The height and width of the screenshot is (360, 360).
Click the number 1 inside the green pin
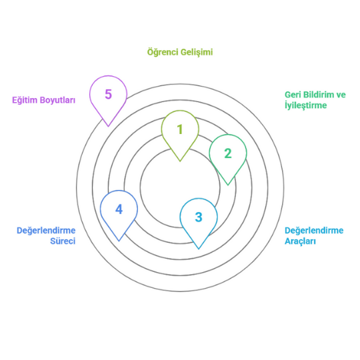click(x=180, y=129)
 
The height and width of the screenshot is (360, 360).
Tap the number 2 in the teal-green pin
click(x=228, y=153)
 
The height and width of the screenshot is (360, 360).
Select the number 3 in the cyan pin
click(x=199, y=217)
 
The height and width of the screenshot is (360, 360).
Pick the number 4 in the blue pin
click(x=119, y=209)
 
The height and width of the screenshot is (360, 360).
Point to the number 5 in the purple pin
click(x=108, y=94)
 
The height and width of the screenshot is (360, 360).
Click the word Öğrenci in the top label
click(x=163, y=52)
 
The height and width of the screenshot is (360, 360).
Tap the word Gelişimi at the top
click(x=197, y=52)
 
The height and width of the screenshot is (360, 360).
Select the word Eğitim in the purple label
click(x=25, y=100)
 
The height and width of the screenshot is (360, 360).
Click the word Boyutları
click(x=57, y=100)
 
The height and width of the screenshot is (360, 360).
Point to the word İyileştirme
click(x=305, y=105)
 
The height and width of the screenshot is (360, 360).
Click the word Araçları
click(x=300, y=241)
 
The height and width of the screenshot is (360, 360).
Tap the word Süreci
click(x=63, y=241)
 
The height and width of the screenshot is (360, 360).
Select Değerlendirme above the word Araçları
click(x=314, y=231)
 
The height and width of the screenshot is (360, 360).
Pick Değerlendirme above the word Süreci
click(x=46, y=231)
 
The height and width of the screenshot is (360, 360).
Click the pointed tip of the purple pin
click(x=108, y=126)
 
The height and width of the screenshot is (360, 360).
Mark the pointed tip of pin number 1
click(x=180, y=161)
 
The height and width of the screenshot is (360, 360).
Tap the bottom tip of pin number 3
click(x=199, y=249)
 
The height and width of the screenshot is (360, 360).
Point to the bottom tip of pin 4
click(x=119, y=241)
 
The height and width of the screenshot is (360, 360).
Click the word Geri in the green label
click(x=293, y=95)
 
